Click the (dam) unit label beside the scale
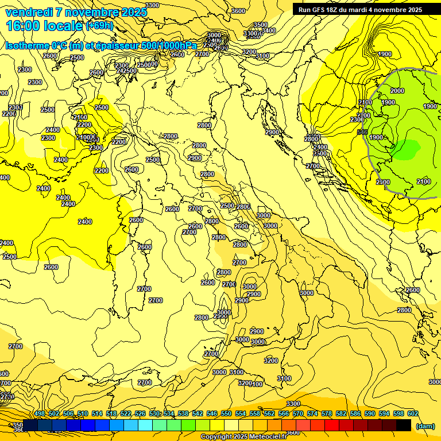pyautogui.click(x=425, y=426)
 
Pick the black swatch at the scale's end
pyautogui.click(x=404, y=424)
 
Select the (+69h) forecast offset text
pyautogui.click(x=99, y=26)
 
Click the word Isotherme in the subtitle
pyautogui.click(x=26, y=45)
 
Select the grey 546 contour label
pyautogui.click(x=362, y=133)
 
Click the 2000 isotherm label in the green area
pyautogui.click(x=397, y=91)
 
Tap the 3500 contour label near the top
pyautogui.click(x=261, y=25)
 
